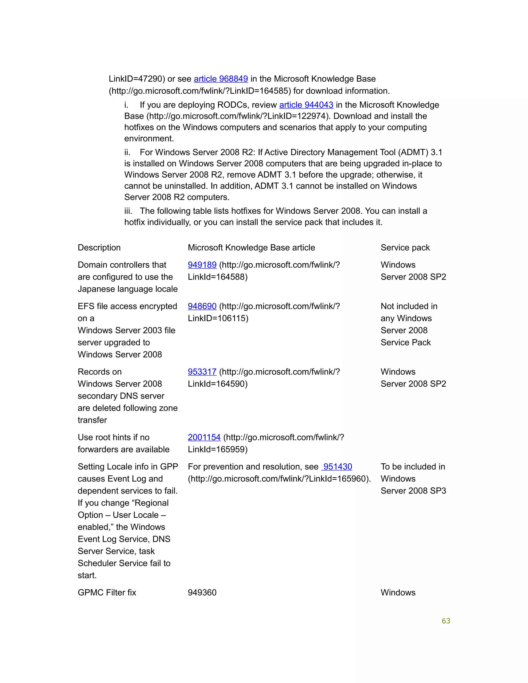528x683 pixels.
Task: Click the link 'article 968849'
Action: click(221, 79)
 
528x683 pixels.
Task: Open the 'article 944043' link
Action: click(306, 105)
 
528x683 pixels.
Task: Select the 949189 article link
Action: click(202, 265)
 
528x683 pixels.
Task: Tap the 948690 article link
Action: click(202, 306)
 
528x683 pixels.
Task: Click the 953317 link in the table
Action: click(202, 372)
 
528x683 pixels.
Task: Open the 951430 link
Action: click(337, 467)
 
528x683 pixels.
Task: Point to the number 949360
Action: click(202, 593)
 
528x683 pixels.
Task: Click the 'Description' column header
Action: click(99, 248)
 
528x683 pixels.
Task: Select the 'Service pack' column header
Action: click(405, 248)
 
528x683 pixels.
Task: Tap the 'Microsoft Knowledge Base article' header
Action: click(251, 248)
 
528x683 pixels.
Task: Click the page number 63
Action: click(446, 621)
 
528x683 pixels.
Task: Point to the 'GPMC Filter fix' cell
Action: click(107, 593)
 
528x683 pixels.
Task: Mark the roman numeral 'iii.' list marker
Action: click(128, 211)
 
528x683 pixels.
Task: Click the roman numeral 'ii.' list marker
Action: click(127, 152)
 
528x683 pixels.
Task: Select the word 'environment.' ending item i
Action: click(149, 139)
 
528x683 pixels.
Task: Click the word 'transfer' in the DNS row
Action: click(92, 420)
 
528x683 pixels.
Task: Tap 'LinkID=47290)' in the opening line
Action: click(137, 79)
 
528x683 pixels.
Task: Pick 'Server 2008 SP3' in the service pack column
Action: click(413, 491)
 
